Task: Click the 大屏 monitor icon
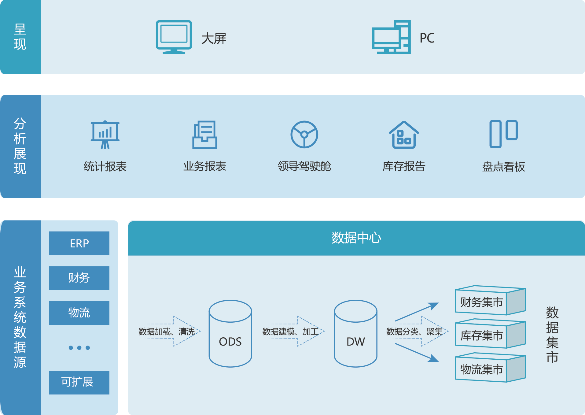pos(174,37)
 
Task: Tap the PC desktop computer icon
pos(391,37)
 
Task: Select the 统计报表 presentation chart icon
pos(105,135)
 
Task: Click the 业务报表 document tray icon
pos(204,135)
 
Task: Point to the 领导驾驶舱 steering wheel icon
pos(304,135)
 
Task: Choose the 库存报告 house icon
pos(404,135)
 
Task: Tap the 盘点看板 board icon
pos(503,134)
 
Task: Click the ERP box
pos(79,243)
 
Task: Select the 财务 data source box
pos(79,278)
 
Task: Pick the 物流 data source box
pos(79,313)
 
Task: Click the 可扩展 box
pos(79,382)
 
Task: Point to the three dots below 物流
pos(79,348)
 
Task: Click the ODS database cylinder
pos(230,334)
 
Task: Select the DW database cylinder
pos(355,334)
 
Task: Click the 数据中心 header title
pos(356,238)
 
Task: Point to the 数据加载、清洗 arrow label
pos(167,332)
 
